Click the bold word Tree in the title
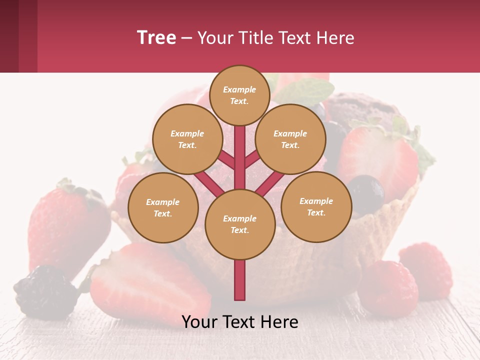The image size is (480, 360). click(156, 38)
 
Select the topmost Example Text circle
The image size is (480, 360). click(239, 95)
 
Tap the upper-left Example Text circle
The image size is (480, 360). click(187, 139)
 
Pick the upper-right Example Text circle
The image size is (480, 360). click(290, 139)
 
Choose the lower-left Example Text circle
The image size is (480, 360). click(163, 208)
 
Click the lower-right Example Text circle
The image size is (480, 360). click(316, 207)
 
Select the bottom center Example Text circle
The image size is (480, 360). click(240, 224)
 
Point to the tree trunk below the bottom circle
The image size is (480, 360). click(240, 280)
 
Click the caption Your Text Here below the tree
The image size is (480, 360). click(240, 322)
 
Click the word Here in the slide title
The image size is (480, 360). click(336, 38)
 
